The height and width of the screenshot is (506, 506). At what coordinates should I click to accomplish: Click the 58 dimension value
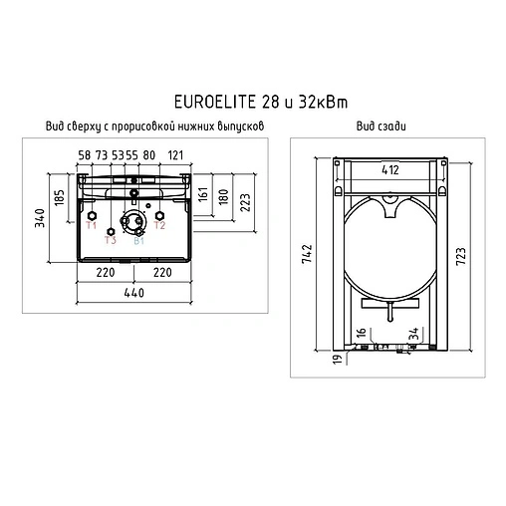tap(85, 154)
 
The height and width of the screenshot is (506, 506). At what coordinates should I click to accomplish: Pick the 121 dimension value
tap(175, 154)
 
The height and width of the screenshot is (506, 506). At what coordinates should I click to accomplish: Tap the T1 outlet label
tap(91, 227)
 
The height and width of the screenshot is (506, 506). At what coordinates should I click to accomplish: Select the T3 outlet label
tap(111, 240)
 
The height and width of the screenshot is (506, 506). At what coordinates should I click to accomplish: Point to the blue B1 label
tap(139, 240)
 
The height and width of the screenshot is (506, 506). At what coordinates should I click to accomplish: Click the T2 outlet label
tap(159, 227)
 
